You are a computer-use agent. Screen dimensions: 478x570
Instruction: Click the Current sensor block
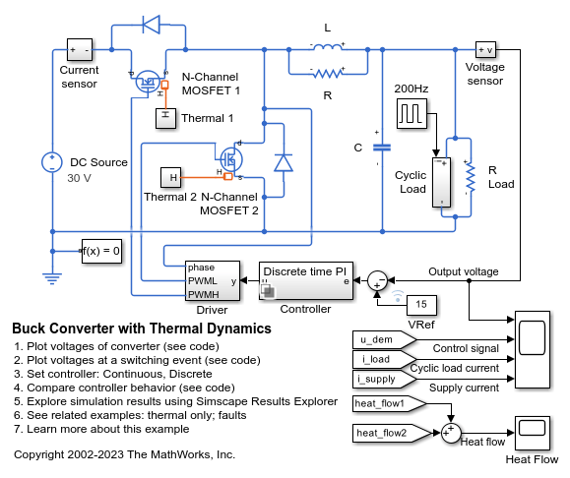point(79,50)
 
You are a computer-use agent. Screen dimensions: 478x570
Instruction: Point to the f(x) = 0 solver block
point(100,251)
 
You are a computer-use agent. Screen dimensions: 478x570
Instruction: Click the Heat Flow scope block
point(532,430)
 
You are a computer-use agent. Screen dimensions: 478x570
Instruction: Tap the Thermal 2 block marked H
point(172,177)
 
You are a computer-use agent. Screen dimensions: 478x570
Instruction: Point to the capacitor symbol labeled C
point(383,147)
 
